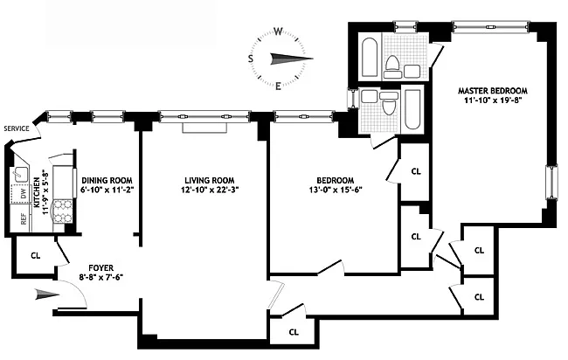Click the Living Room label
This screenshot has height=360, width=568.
tap(210, 180)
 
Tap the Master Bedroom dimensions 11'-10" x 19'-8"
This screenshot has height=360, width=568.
tap(493, 100)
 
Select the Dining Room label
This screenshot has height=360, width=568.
tap(107, 180)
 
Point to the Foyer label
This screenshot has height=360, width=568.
tap(101, 268)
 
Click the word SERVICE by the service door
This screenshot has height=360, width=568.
tap(17, 128)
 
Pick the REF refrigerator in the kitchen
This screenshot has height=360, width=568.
tap(24, 218)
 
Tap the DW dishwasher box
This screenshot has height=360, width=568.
tap(23, 194)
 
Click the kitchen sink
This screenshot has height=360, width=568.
tap(19, 175)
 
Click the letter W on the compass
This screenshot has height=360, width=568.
tap(278, 31)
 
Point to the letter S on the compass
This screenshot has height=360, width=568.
tap(250, 59)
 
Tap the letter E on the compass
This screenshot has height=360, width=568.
tap(278, 87)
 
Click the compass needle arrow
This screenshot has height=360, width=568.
tap(292, 59)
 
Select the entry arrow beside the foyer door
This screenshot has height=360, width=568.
tap(47, 294)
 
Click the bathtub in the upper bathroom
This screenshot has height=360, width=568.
tap(370, 57)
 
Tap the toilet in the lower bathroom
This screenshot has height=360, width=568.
tap(388, 103)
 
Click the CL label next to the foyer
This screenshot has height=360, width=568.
tap(36, 256)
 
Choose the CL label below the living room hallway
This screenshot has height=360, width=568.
tap(294, 332)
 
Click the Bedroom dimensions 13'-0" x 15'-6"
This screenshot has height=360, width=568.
tap(336, 190)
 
